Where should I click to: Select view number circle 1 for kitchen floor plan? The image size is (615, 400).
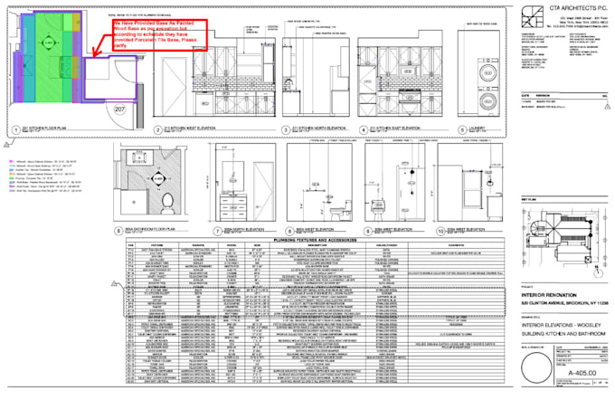click(x=16, y=130)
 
